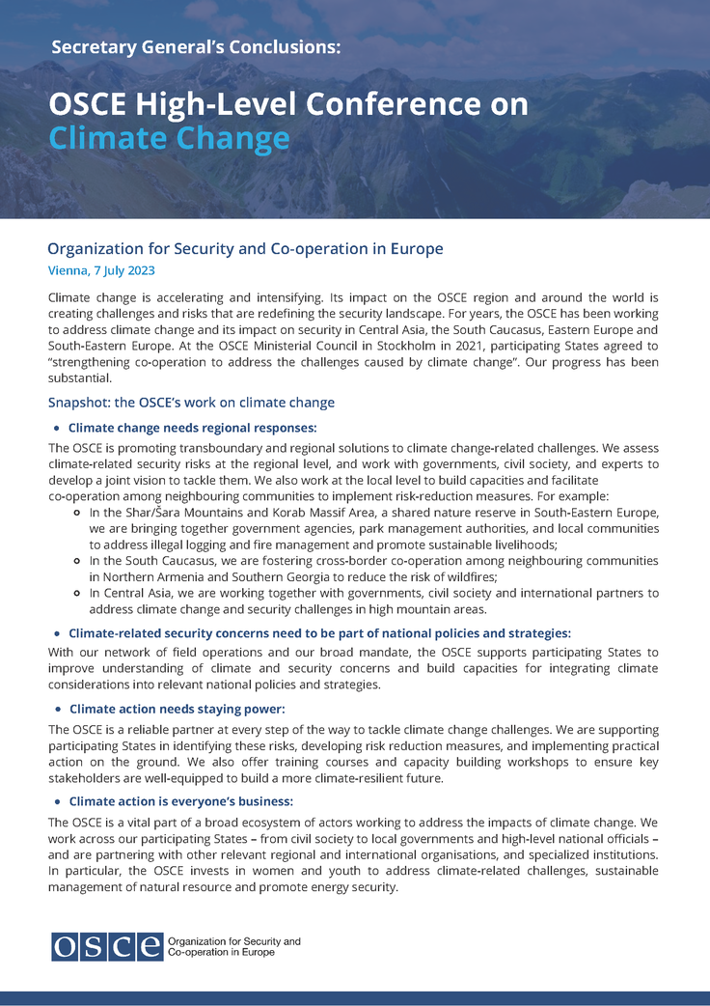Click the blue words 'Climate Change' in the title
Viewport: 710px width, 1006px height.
tap(169, 139)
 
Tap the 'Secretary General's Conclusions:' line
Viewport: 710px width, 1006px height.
tap(196, 46)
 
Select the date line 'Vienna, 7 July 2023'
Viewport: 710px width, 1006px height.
tap(101, 271)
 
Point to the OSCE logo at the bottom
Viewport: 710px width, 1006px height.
tap(107, 946)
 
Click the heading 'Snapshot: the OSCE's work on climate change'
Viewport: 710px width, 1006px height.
tap(191, 402)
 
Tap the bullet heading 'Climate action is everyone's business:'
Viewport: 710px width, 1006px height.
tap(180, 801)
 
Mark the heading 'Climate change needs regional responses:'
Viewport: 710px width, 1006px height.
tap(192, 428)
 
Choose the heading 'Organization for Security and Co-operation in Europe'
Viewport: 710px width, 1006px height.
tap(245, 249)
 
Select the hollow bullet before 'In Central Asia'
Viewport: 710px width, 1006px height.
tap(76, 593)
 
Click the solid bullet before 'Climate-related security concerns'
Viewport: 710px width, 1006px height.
tap(57, 634)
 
